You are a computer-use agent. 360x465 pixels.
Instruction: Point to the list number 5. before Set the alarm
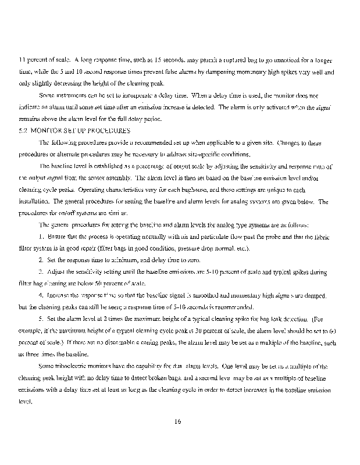(x=41, y=319)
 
